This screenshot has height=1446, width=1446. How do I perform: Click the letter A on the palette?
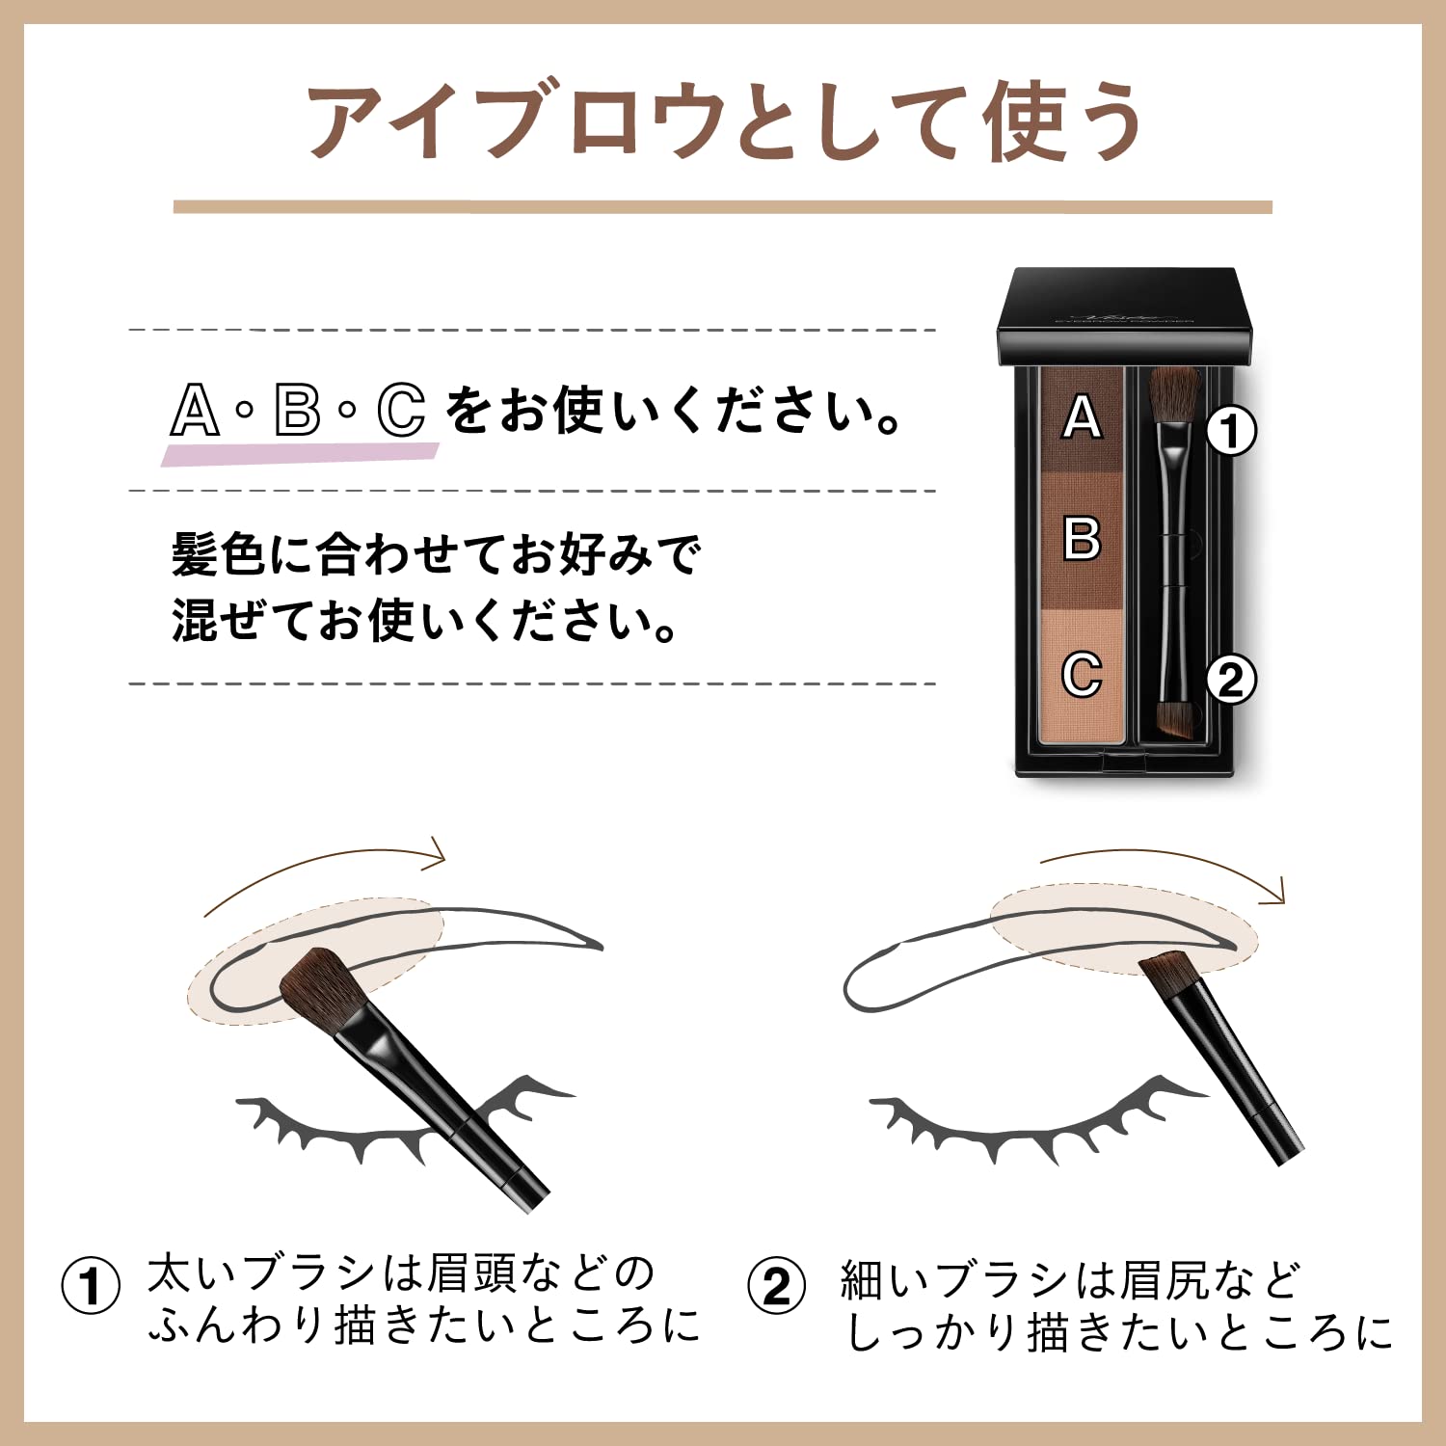(1082, 417)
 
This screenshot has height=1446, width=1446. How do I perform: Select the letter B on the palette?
(1082, 538)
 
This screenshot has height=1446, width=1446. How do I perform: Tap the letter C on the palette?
(1082, 674)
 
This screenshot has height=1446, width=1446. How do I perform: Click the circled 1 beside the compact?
(1231, 430)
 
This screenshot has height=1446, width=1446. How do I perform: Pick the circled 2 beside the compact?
(1231, 681)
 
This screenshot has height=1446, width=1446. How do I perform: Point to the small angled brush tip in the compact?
(1174, 719)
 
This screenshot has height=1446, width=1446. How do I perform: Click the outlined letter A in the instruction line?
(195, 411)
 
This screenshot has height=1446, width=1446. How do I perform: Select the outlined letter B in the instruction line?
(297, 411)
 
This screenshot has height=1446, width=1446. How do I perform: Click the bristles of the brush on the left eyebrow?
(315, 986)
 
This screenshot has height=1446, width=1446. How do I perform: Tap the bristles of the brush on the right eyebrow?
(1167, 971)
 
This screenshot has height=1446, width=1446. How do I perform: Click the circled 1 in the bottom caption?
(91, 1285)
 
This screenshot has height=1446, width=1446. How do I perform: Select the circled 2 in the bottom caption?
(776, 1286)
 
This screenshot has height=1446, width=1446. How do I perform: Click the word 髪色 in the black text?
(218, 556)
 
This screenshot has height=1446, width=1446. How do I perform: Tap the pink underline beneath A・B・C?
(299, 453)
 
